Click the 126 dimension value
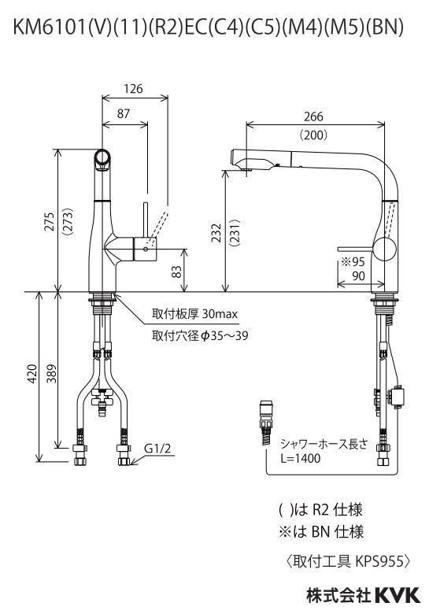pyautogui.click(x=133, y=89)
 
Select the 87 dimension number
pyautogui.click(x=124, y=114)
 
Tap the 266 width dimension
pyautogui.click(x=313, y=116)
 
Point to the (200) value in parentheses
pyautogui.click(x=313, y=135)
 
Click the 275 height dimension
pyautogui.click(x=50, y=222)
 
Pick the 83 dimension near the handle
pyautogui.click(x=176, y=271)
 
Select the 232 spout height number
pyautogui.click(x=216, y=233)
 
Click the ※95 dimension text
pyautogui.click(x=353, y=261)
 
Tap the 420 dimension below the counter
pyautogui.click(x=32, y=373)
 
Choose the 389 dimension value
pyautogui.click(x=52, y=373)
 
